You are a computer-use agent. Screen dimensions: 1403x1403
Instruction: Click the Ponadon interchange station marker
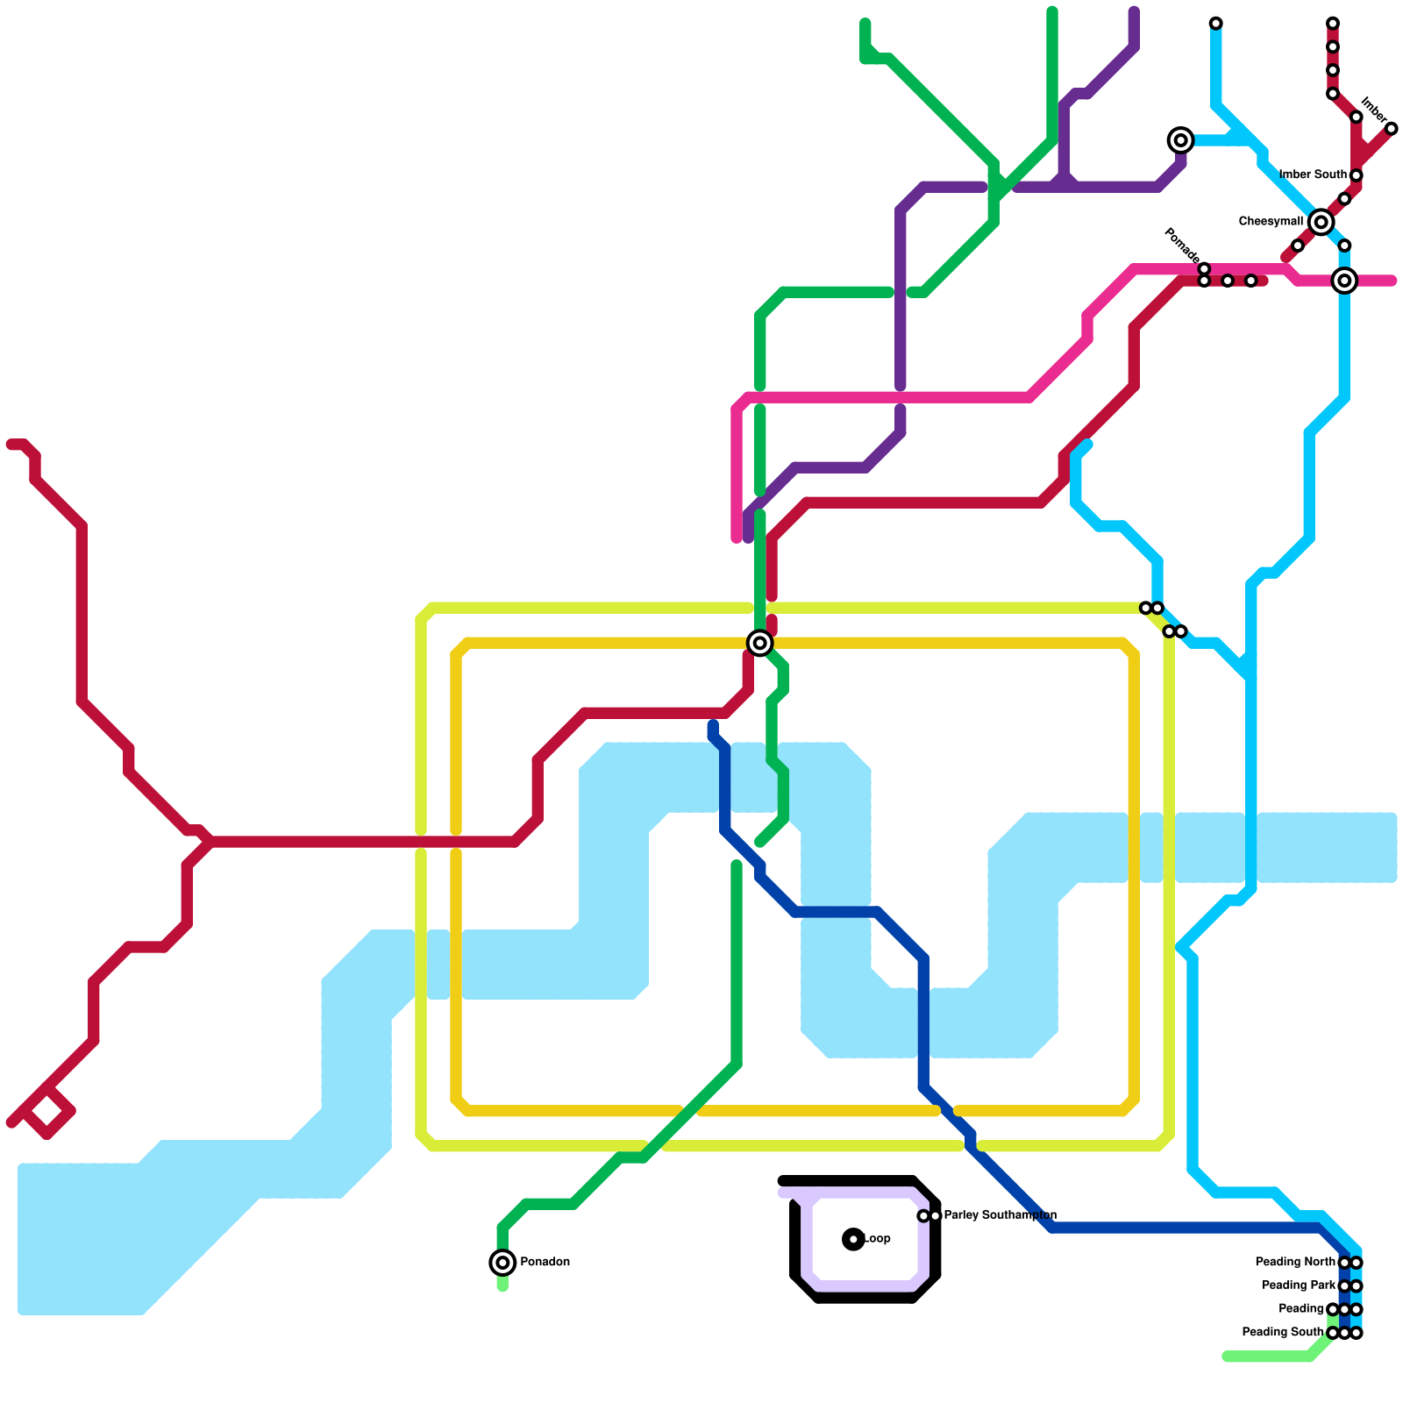(x=502, y=1263)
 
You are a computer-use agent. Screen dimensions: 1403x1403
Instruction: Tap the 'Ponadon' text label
(x=545, y=1263)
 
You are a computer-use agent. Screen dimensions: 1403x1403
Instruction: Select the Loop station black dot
(x=853, y=1239)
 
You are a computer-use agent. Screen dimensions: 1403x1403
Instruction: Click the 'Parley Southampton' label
(x=1000, y=1215)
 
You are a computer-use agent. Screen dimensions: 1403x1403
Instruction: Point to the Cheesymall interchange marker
(x=1321, y=223)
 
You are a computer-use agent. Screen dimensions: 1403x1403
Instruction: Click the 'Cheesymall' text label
(x=1271, y=222)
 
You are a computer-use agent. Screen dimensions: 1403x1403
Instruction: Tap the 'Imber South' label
(x=1313, y=175)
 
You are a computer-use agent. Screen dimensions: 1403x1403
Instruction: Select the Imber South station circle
(x=1357, y=175)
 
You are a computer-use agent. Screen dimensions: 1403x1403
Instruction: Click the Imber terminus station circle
(x=1392, y=129)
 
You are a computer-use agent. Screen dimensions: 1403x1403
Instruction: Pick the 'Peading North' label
(x=1295, y=1263)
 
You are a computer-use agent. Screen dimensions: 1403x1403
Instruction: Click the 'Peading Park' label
(x=1299, y=1285)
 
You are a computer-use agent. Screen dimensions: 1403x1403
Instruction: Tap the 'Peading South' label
(x=1283, y=1333)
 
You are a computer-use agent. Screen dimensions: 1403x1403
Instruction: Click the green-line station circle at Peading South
(x=1333, y=1333)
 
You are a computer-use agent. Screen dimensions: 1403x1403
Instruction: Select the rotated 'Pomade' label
(x=1181, y=245)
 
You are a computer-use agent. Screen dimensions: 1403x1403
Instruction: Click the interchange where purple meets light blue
(x=1181, y=140)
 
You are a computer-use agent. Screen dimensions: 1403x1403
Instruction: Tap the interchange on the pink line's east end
(x=1344, y=281)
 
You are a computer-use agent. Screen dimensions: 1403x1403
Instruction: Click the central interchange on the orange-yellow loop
(x=760, y=643)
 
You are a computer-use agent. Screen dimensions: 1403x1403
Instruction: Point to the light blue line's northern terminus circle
(x=1216, y=24)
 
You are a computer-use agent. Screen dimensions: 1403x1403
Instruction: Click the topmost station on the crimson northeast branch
(x=1333, y=24)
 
